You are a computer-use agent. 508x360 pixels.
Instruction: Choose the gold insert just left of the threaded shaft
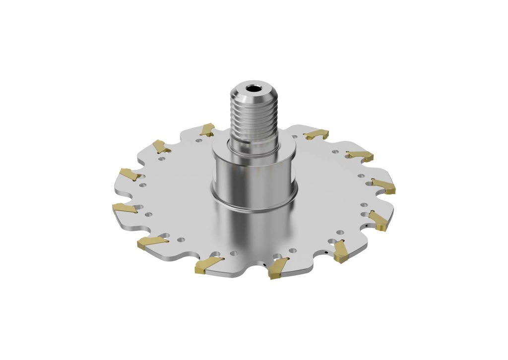pyautogui.click(x=207, y=129)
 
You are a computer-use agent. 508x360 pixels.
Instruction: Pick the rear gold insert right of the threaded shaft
pyautogui.click(x=317, y=134)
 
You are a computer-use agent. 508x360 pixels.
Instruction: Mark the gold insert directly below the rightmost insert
pyautogui.click(x=379, y=221)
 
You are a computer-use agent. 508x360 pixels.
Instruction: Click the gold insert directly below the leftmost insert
pyautogui.click(x=152, y=242)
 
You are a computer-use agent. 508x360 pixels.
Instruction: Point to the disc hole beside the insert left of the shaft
pyautogui.click(x=199, y=140)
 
